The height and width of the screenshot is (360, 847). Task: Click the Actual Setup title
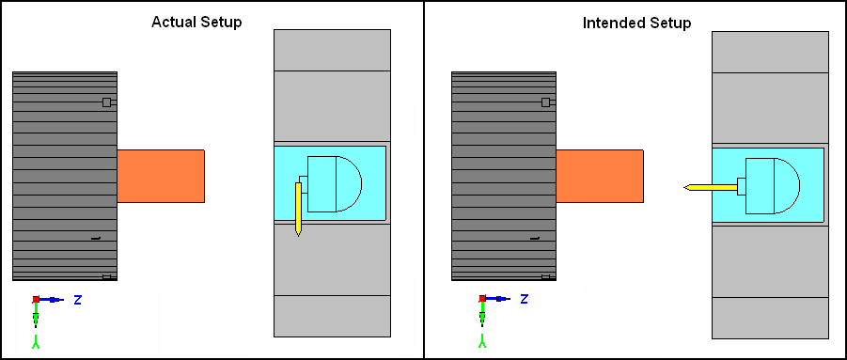pyautogui.click(x=196, y=23)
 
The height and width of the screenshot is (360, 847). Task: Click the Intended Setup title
pyautogui.click(x=636, y=23)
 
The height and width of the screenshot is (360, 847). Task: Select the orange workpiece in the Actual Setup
pyautogui.click(x=161, y=176)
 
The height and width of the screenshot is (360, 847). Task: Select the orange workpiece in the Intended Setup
pyautogui.click(x=600, y=176)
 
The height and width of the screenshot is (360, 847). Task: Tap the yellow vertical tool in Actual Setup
pyautogui.click(x=298, y=209)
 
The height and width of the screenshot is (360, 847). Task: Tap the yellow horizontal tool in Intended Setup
pyautogui.click(x=711, y=187)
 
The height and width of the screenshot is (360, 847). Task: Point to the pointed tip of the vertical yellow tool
pyautogui.click(x=298, y=237)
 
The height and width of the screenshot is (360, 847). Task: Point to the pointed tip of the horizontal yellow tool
pyautogui.click(x=683, y=187)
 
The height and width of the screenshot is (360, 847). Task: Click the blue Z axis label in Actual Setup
pyautogui.click(x=77, y=300)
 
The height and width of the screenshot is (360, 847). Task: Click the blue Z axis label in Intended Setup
pyautogui.click(x=524, y=299)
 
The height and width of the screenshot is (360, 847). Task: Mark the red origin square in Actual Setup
pyautogui.click(x=36, y=299)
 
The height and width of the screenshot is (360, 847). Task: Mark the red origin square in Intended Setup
pyautogui.click(x=482, y=299)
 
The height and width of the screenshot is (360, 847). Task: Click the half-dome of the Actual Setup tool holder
pyautogui.click(x=349, y=183)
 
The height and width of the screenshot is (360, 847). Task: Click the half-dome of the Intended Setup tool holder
pyautogui.click(x=787, y=186)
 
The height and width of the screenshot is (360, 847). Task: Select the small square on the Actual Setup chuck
pyautogui.click(x=106, y=102)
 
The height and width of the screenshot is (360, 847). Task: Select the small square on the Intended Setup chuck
pyautogui.click(x=545, y=102)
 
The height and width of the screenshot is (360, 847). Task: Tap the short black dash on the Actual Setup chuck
pyautogui.click(x=96, y=238)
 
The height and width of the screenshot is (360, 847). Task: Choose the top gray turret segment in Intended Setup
pyautogui.click(x=770, y=52)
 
